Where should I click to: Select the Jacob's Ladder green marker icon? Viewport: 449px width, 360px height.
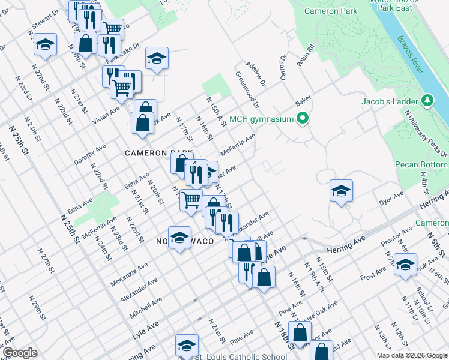[x=427, y=101]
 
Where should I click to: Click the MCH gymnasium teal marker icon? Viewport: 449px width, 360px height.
[x=303, y=118]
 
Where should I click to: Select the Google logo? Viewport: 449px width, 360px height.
[x=20, y=353]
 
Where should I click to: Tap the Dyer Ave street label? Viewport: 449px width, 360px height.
[x=391, y=200]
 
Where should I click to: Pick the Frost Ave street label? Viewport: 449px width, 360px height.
[x=373, y=274]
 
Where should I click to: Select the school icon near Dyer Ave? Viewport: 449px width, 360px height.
[x=341, y=191]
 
